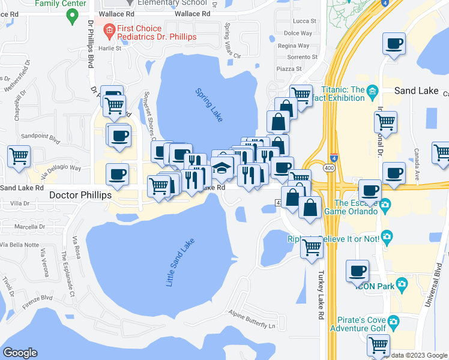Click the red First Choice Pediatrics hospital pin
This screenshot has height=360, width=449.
pyautogui.click(x=109, y=29)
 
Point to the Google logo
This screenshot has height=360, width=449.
pyautogui.click(x=20, y=353)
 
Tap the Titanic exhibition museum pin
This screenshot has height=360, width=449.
pyautogui.click(x=372, y=91)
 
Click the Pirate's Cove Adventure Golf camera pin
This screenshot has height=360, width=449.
pyautogui.click(x=394, y=323)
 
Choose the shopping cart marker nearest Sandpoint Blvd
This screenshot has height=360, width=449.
pyautogui.click(x=19, y=157)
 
